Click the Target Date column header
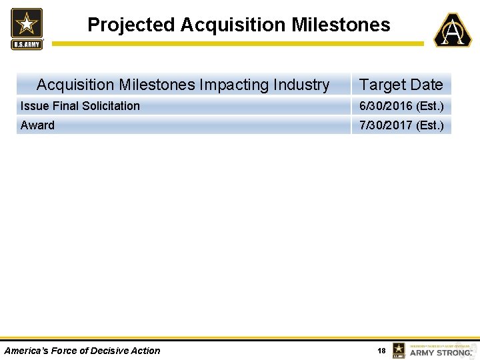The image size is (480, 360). [401, 85]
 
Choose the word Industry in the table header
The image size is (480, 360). [298, 85]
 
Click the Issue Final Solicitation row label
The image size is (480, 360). [80, 106]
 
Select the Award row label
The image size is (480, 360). [37, 125]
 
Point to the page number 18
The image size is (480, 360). [381, 351]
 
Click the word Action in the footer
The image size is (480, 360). [146, 351]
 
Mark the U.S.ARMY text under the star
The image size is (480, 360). [27, 45]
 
